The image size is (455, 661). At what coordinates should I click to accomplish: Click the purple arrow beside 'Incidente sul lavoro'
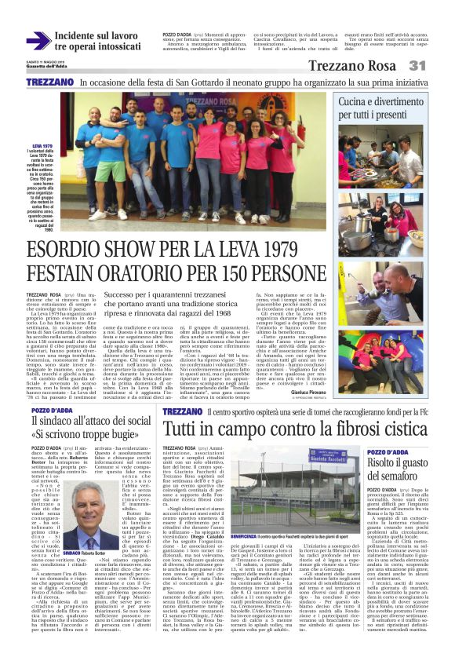tap(38, 42)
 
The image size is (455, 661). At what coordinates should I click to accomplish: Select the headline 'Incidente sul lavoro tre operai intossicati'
tap(96, 42)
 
